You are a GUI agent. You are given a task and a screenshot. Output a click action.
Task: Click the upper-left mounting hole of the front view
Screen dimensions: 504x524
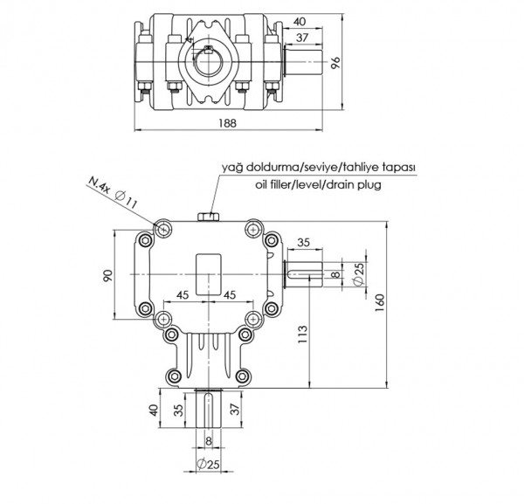pyautogui.click(x=164, y=229)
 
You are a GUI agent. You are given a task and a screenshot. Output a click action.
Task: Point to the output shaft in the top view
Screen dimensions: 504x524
pyautogui.click(x=303, y=63)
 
